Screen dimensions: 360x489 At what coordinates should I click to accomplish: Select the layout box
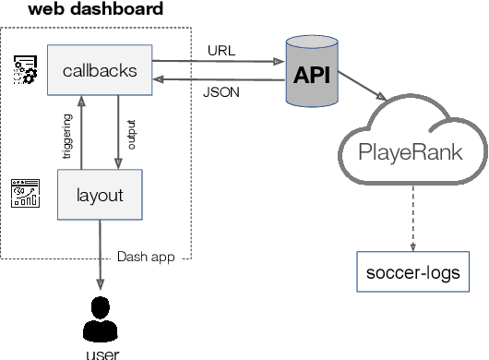[x=99, y=195]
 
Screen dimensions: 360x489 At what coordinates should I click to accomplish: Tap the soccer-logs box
[x=412, y=274]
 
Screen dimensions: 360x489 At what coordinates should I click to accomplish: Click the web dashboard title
[x=95, y=10]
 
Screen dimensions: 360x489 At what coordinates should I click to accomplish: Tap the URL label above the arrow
[x=221, y=50]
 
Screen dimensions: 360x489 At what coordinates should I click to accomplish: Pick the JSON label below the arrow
[x=221, y=92]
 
